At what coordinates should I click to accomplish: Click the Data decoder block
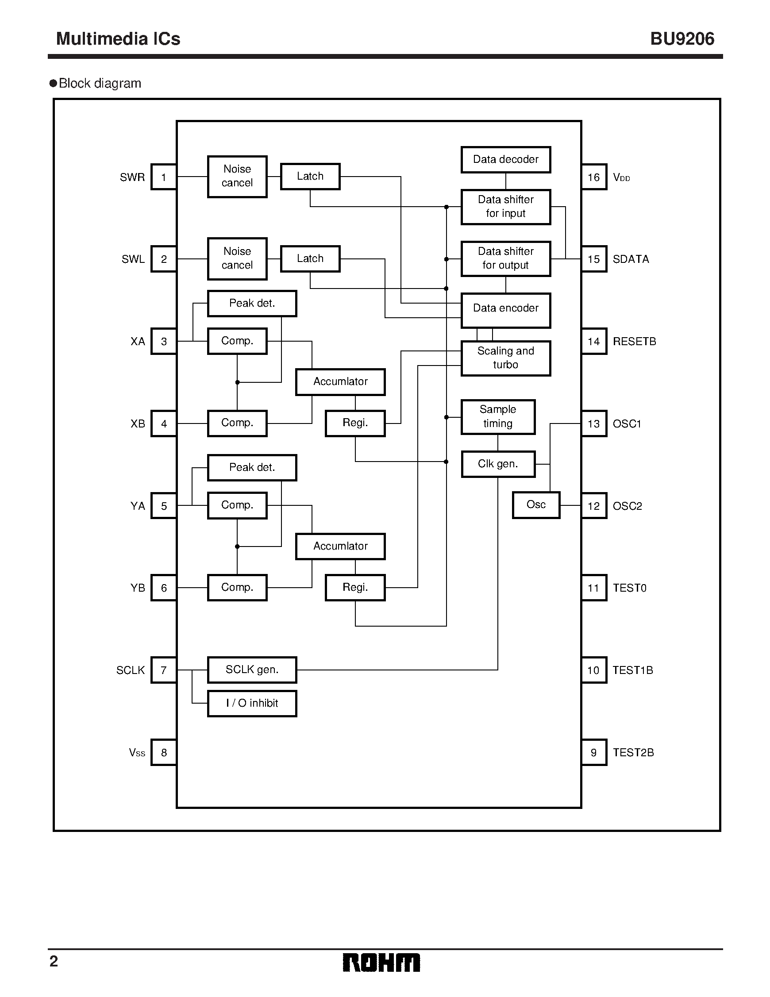pyautogui.click(x=506, y=160)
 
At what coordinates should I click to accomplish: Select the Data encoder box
pyautogui.click(x=506, y=310)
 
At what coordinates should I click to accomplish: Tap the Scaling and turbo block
pyautogui.click(x=506, y=358)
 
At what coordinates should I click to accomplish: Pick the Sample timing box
pyautogui.click(x=498, y=417)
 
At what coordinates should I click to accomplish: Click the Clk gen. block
pyautogui.click(x=498, y=464)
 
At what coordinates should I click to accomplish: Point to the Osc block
pyautogui.click(x=536, y=505)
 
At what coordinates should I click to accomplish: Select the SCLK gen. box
pyautogui.click(x=252, y=670)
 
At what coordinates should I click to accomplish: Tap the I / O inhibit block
pyautogui.click(x=252, y=704)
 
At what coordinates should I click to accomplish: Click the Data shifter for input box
pyautogui.click(x=506, y=207)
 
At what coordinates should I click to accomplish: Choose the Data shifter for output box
pyautogui.click(x=506, y=259)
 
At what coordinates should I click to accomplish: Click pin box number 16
pyautogui.click(x=594, y=177)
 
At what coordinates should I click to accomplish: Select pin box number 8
pyautogui.click(x=164, y=752)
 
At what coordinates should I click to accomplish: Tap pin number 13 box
pyautogui.click(x=594, y=423)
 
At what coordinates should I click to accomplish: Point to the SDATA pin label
pyautogui.click(x=630, y=259)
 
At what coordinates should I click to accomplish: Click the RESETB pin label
pyautogui.click(x=635, y=342)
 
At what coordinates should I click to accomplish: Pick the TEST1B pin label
pyautogui.click(x=633, y=670)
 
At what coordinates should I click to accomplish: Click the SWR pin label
pyautogui.click(x=132, y=177)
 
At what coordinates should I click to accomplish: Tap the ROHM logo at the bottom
pyautogui.click(x=381, y=963)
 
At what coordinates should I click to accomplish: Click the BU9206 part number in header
pyautogui.click(x=682, y=39)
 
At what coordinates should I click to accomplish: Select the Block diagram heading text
pyautogui.click(x=100, y=84)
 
